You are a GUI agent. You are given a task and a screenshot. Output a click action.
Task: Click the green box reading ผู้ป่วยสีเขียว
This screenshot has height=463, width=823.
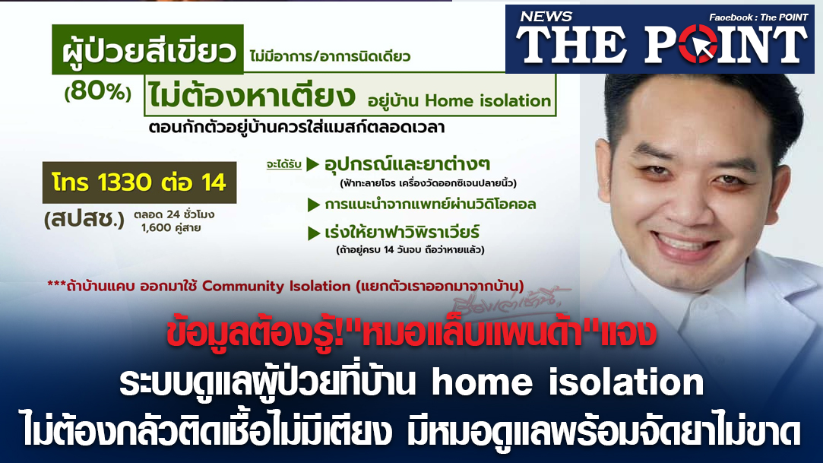[147, 49]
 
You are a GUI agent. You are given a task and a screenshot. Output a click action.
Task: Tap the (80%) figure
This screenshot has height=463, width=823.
[97, 92]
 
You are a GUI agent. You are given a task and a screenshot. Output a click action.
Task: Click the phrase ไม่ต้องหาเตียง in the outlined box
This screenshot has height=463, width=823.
[252, 95]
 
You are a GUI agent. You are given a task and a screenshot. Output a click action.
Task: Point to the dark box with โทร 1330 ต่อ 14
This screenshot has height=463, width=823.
[139, 182]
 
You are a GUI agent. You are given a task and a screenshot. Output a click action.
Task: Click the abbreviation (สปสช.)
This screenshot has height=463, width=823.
[84, 219]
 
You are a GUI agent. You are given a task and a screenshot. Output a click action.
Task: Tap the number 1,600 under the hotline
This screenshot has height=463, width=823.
[157, 228]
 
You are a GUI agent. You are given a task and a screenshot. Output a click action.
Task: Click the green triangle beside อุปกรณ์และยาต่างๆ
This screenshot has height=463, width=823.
[313, 164]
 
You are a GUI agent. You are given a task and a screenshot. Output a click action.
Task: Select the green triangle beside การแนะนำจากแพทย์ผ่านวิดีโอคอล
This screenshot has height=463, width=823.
[314, 205]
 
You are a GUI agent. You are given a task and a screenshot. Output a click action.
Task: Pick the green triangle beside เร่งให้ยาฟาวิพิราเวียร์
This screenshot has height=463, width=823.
[314, 233]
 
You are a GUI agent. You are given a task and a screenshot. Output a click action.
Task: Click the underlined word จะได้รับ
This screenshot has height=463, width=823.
[283, 165]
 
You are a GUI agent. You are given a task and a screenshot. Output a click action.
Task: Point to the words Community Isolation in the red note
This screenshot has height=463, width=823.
[276, 286]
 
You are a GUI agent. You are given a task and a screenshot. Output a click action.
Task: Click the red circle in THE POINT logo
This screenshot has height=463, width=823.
[698, 44]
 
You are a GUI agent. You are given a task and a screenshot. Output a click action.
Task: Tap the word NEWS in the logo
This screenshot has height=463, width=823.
[546, 17]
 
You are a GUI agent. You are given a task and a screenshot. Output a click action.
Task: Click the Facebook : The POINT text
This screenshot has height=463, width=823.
[758, 17]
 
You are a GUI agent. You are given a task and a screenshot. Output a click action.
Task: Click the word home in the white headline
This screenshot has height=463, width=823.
[482, 382]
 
